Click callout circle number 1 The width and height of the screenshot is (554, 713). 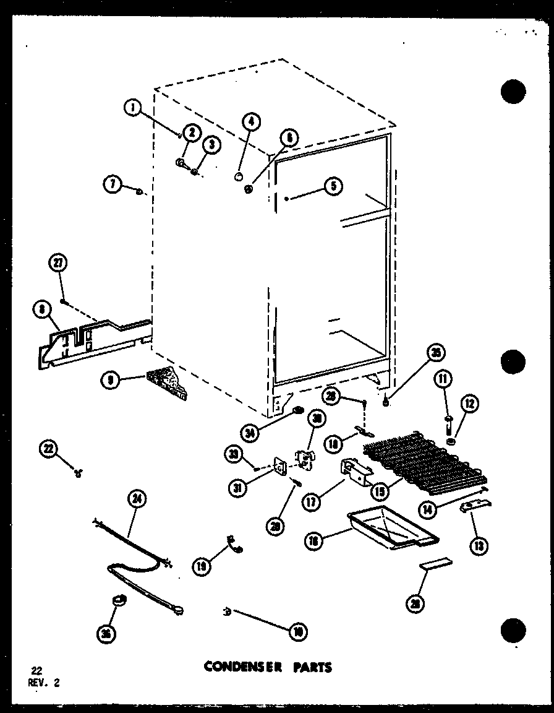coord(132,108)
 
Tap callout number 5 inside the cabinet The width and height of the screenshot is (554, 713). coord(333,186)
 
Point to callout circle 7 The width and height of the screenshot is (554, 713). coord(112,184)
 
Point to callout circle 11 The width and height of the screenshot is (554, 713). coord(443,378)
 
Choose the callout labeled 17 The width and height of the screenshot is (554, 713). coord(311,502)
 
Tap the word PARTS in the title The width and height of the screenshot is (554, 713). coord(313,667)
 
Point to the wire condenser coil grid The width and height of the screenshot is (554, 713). coord(427,464)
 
